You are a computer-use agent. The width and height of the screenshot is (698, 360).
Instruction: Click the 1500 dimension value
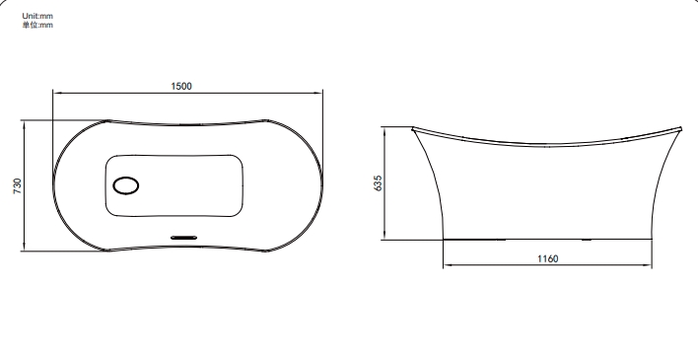pos(181,86)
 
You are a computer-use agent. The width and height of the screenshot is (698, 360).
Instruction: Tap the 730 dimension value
pos(18,185)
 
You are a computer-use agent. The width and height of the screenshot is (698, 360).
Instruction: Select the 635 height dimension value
pos(378,183)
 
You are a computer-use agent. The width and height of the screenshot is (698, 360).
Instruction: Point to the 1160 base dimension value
pos(547,258)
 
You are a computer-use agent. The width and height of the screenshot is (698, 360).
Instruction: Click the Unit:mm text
pos(37,16)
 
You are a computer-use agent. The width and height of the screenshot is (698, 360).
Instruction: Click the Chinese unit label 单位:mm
pos(37,25)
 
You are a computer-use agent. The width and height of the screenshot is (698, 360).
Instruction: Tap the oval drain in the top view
pos(126,185)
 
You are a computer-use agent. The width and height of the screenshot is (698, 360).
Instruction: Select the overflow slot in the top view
pos(183,238)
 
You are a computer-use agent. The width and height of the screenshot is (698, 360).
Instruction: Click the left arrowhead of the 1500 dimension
pos(56,93)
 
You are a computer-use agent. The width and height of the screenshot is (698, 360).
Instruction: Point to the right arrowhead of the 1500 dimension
pos(318,93)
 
